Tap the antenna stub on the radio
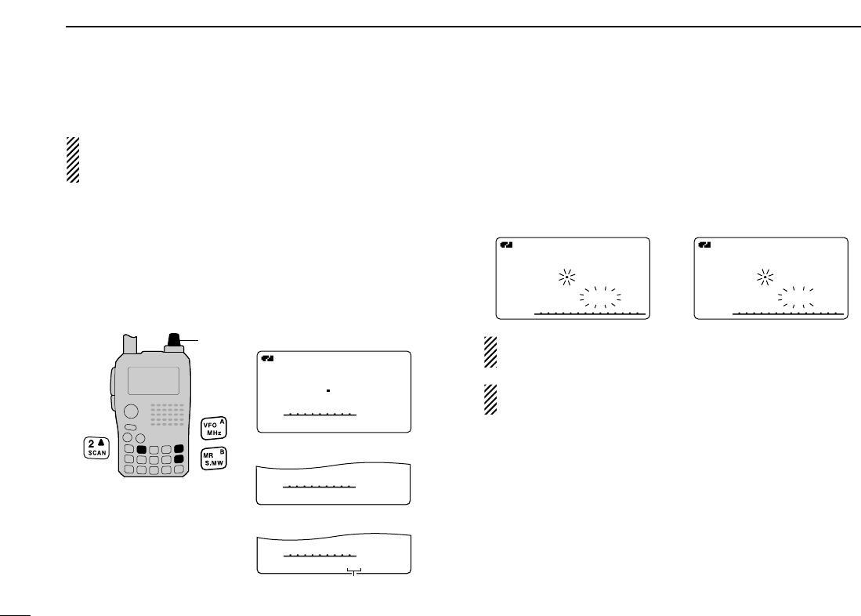click(x=131, y=346)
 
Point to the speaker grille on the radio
click(x=168, y=415)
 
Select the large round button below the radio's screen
click(x=131, y=411)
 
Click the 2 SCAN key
click(x=96, y=448)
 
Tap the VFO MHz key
click(x=214, y=428)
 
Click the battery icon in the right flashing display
click(x=704, y=245)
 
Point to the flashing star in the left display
click(x=566, y=277)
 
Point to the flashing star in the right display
click(x=765, y=277)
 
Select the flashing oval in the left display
click(x=600, y=296)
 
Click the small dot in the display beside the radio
click(x=329, y=390)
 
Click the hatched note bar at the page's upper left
click(x=73, y=160)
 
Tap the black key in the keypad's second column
click(x=142, y=450)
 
